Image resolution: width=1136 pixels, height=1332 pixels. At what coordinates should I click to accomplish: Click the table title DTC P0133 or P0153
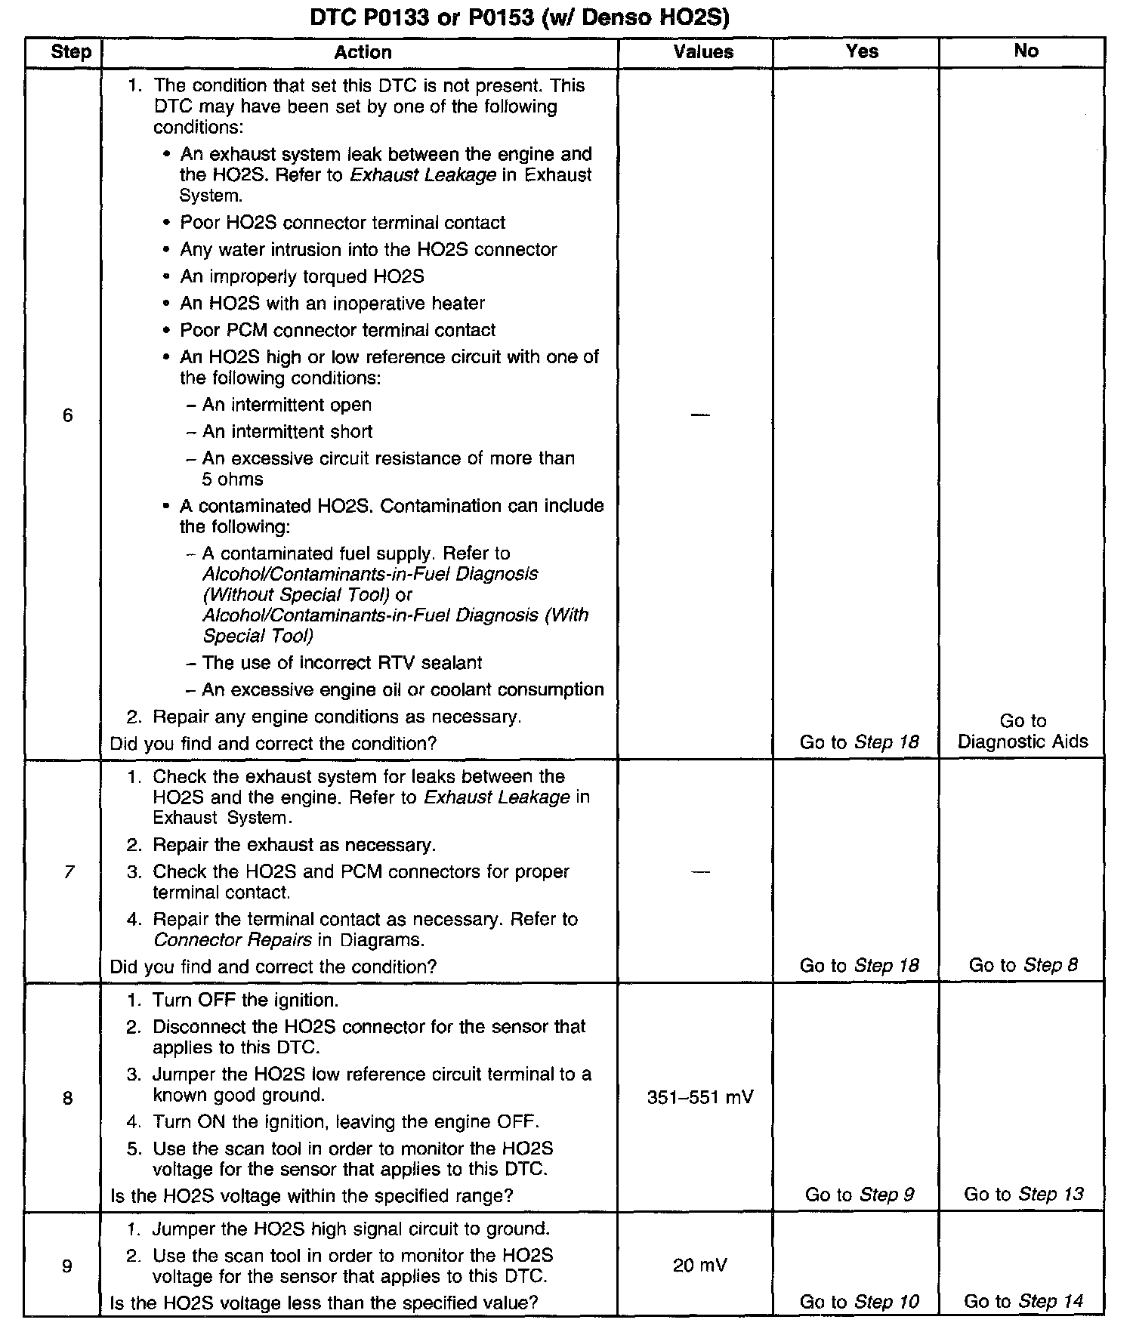pos(520,17)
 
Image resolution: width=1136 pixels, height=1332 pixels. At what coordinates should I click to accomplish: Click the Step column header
pos(70,52)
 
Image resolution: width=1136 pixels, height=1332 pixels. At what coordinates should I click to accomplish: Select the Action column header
pos(363,52)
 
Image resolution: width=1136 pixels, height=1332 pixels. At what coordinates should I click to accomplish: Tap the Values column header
pos(703,52)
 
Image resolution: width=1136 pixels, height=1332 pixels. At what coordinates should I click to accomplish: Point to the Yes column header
pos(862,51)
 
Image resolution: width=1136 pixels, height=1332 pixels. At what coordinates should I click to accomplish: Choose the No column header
pos(1026,51)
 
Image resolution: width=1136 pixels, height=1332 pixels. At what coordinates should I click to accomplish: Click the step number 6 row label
pos(68,415)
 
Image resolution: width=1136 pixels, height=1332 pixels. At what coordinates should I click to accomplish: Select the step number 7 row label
pos(69,872)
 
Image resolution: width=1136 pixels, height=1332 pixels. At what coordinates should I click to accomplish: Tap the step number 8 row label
pos(68,1097)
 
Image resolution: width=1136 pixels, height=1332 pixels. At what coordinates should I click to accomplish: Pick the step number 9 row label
pos(67,1266)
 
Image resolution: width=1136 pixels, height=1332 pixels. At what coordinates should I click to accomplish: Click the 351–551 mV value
pos(700,1097)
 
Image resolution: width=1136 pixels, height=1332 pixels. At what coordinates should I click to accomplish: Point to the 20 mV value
pos(700,1265)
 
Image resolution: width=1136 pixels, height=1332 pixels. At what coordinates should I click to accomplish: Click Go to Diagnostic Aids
pos(1023,731)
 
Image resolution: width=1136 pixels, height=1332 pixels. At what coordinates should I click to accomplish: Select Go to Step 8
pos(1023,965)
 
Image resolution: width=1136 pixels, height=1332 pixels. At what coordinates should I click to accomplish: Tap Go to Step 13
pos(1023,1194)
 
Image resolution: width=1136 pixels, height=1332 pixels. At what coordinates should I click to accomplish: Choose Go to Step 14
pos(1023,1301)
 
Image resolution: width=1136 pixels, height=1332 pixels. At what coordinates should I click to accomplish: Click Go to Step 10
pos(860,1302)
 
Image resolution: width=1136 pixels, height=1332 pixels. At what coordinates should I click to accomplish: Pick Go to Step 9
pos(860,1195)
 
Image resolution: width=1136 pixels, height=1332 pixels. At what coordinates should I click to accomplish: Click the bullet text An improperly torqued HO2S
pos(301,276)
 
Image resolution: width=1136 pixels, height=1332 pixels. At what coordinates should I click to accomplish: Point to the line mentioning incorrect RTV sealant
pos(341,663)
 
